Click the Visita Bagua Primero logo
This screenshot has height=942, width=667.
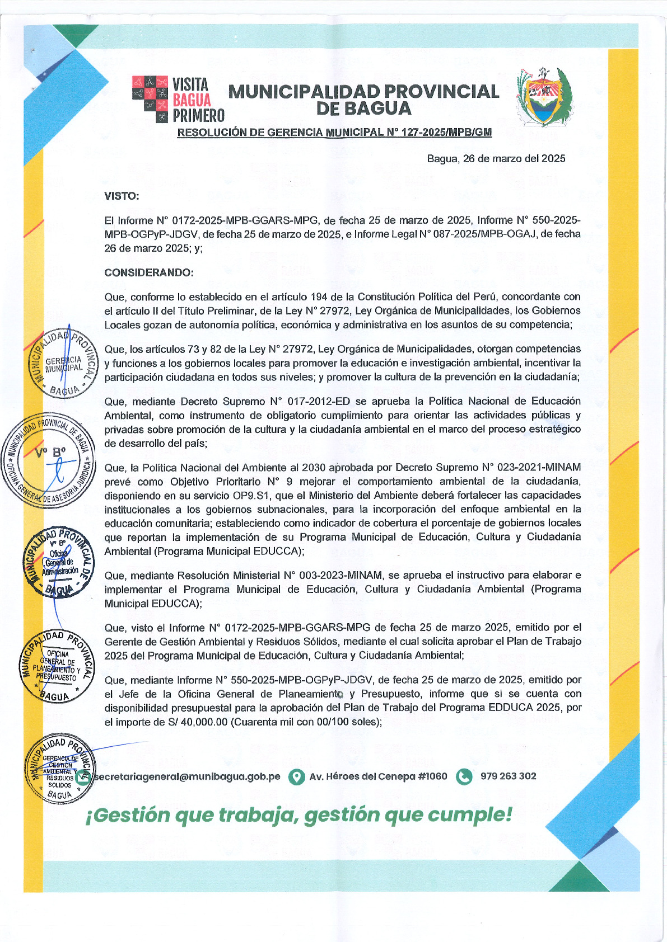pos(178,100)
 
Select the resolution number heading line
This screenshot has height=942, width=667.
pos(334,133)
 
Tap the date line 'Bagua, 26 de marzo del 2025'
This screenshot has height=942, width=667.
pos(496,159)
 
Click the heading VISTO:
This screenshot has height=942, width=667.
pos(122,196)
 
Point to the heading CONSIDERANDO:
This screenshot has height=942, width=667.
pos(149,273)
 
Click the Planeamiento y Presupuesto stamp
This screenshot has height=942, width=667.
pos(57,666)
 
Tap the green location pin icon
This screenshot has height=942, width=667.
pos(296,777)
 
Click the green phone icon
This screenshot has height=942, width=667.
pos(464,777)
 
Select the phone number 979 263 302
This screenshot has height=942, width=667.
pos(508,776)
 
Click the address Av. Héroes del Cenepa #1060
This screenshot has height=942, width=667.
pos(378,776)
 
